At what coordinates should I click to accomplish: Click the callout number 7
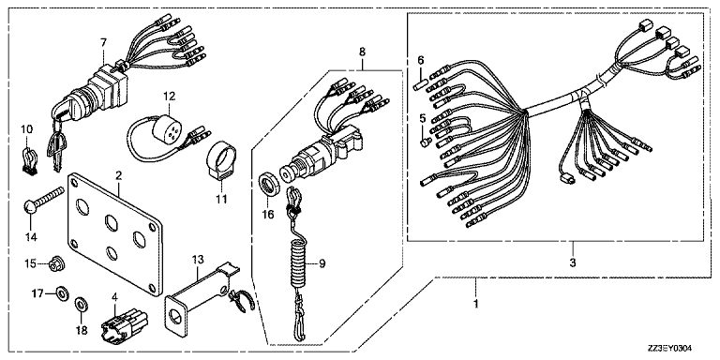click(x=103, y=43)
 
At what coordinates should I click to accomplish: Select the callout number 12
click(x=169, y=97)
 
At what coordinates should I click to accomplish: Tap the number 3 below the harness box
click(x=573, y=263)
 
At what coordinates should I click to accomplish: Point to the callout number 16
click(x=268, y=214)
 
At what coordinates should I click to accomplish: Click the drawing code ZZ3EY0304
click(x=668, y=348)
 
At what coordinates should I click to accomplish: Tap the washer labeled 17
click(x=60, y=292)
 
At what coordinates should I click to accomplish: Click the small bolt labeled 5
click(x=426, y=142)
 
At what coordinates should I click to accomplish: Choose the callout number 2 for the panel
click(x=118, y=175)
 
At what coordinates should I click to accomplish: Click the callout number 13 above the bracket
click(x=197, y=260)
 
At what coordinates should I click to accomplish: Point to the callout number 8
click(x=362, y=52)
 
